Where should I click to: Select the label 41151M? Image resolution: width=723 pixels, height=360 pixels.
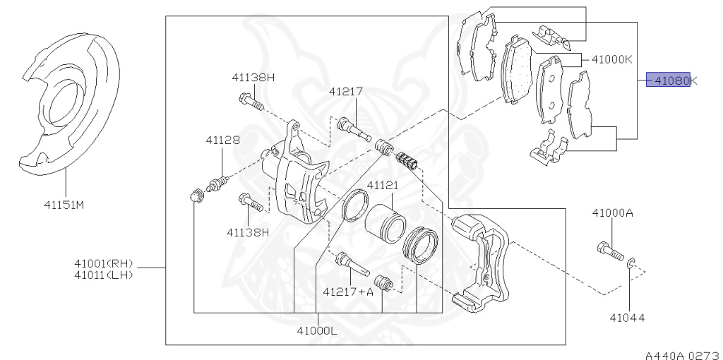[64, 205]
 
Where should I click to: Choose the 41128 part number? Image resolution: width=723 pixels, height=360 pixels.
[222, 140]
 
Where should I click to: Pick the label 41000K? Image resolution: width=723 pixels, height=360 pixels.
[611, 59]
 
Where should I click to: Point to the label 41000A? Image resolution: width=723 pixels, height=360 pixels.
[612, 212]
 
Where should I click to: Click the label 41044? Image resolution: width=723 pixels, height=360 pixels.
[627, 318]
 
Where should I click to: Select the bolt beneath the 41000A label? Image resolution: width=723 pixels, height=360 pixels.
[609, 250]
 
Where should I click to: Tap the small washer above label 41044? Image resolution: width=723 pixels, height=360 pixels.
[630, 264]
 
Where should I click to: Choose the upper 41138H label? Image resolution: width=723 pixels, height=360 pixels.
[253, 78]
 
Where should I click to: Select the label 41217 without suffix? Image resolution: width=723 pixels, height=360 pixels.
[345, 91]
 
